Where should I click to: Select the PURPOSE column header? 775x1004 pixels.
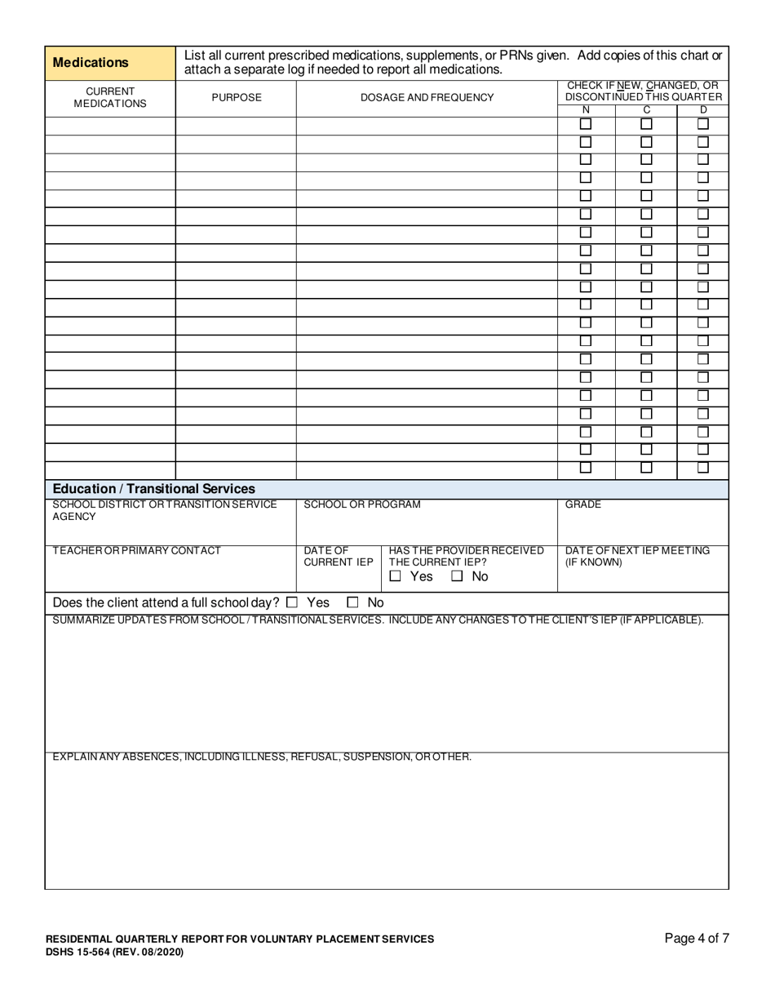point(237,98)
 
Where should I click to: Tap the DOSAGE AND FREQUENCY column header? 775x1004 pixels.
point(427,98)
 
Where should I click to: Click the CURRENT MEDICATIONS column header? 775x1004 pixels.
point(110,98)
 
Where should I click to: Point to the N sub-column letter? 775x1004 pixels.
point(585,110)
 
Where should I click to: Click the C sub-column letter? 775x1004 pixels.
point(646,110)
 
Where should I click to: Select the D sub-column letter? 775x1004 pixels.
point(703,110)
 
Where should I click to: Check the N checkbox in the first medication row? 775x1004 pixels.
point(585,125)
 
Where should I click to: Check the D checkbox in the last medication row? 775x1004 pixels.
point(703,469)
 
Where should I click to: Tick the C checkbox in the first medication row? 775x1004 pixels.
point(646,125)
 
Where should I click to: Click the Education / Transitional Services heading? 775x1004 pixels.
point(153,489)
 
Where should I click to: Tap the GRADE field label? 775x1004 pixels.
point(583,504)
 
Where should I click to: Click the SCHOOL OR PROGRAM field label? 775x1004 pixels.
point(362,504)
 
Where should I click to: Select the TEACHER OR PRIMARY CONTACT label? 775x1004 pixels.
point(136,551)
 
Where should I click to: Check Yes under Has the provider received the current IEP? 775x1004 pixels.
point(396,576)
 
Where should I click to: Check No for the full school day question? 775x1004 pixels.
point(353,602)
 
